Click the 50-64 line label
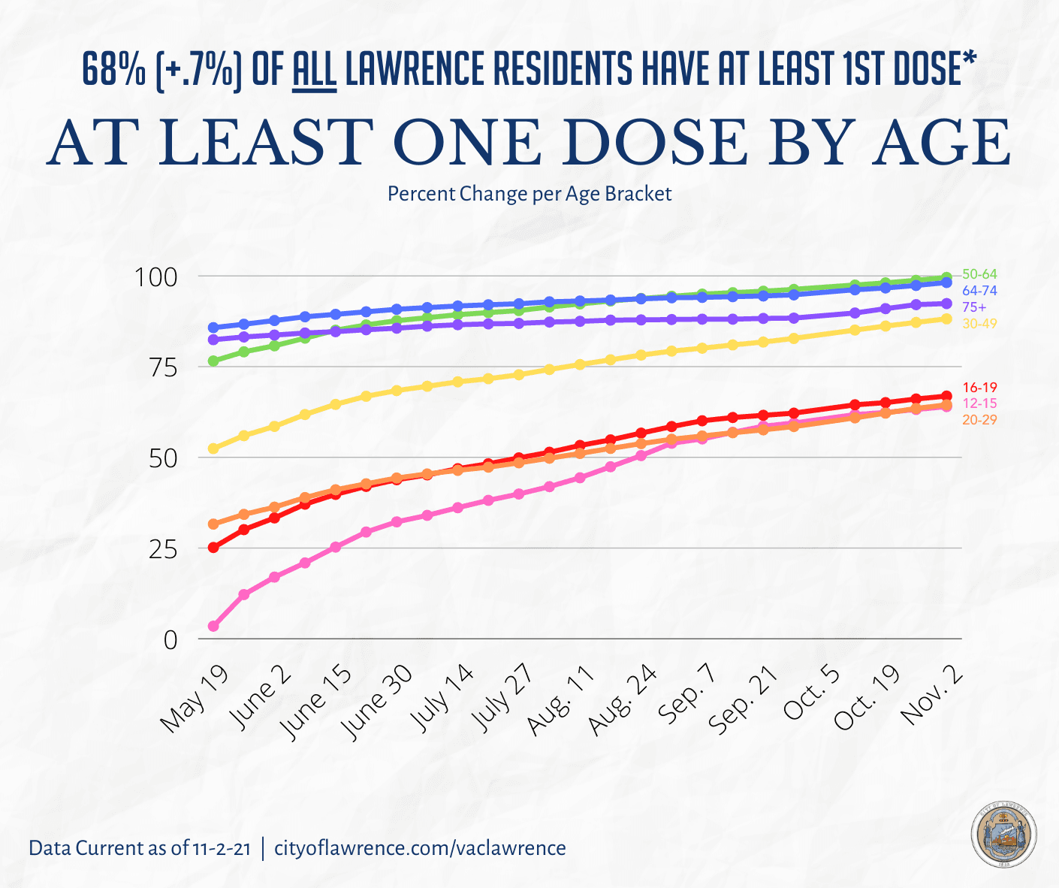point(979,275)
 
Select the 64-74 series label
point(979,291)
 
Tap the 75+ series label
point(974,307)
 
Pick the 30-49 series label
point(979,324)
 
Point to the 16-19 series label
point(979,388)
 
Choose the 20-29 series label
point(979,420)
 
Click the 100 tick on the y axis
point(156,277)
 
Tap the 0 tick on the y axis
point(170,640)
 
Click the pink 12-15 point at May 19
point(213,626)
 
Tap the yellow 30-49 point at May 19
point(213,449)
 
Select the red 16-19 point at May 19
point(213,547)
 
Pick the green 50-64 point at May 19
point(213,361)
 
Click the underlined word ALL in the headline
point(314,70)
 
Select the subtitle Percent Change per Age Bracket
point(529,194)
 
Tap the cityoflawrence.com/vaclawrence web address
point(420,848)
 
